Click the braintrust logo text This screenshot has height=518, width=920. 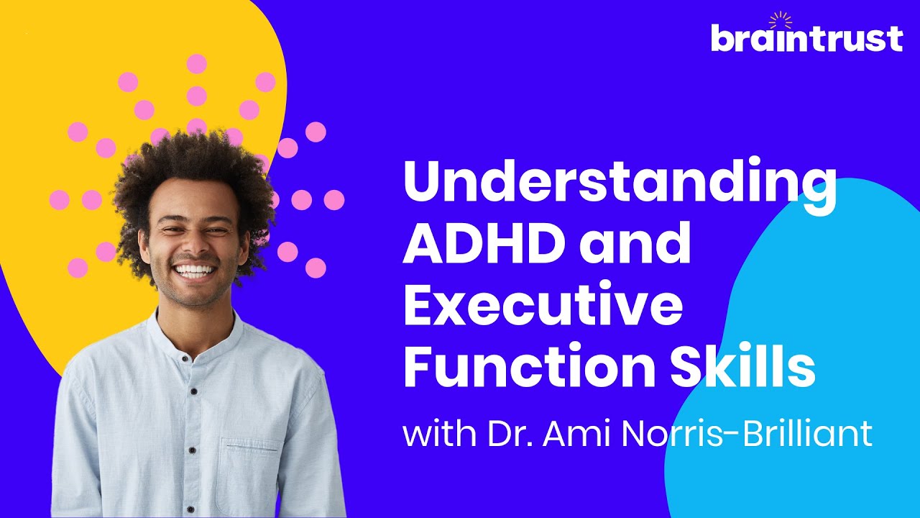806,38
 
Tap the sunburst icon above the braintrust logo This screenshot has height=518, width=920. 780,19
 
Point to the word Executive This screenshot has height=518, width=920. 543,306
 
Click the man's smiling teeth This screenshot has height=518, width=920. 195,271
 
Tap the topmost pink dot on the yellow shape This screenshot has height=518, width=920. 196,63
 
